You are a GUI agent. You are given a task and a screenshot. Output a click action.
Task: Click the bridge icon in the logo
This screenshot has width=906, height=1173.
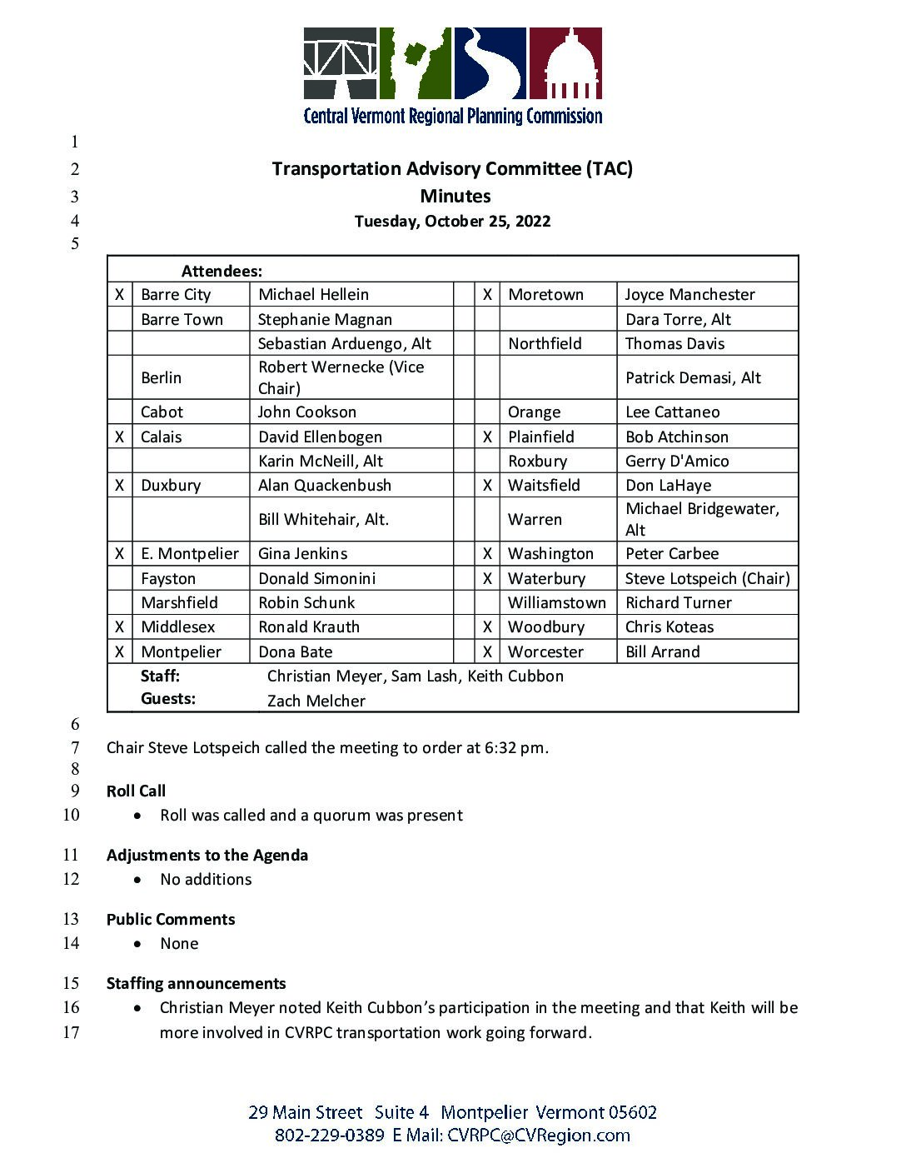[x=341, y=63]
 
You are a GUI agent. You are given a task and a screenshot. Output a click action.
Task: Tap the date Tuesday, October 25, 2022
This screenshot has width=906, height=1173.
[x=452, y=222]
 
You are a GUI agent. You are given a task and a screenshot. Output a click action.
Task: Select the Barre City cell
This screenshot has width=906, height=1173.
[x=176, y=295]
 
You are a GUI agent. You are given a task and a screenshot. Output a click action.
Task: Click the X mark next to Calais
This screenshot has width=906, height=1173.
[x=120, y=437]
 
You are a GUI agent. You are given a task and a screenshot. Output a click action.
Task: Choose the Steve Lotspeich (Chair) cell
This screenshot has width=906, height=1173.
[x=707, y=579]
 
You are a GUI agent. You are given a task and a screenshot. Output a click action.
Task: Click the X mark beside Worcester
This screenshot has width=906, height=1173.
[x=487, y=652]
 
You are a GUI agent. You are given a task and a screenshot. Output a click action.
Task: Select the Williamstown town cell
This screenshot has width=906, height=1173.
[x=557, y=603]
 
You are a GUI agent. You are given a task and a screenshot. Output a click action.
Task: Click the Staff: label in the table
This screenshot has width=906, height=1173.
[x=160, y=676]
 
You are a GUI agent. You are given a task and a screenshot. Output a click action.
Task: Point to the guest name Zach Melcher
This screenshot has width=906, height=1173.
[x=316, y=701]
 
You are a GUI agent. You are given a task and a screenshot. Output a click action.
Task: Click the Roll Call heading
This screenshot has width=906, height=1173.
[x=136, y=791]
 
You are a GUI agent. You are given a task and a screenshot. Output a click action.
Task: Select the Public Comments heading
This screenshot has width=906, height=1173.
[x=171, y=920]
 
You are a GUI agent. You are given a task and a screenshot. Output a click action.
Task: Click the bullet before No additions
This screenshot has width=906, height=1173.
[x=137, y=880]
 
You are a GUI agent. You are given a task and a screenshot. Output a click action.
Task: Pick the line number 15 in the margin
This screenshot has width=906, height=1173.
[x=71, y=984]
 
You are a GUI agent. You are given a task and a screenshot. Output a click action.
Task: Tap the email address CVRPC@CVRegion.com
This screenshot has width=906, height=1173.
[x=539, y=1136]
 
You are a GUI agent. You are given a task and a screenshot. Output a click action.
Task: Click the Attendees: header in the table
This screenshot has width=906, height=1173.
[x=222, y=272]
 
